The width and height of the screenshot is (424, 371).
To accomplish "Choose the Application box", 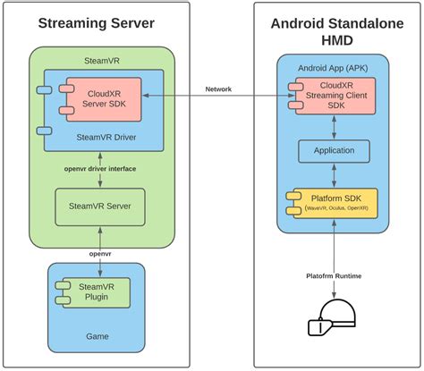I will tap(333, 151).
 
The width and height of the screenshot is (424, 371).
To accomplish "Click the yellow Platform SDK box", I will tap(333, 202).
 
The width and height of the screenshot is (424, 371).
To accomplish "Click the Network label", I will tap(218, 89).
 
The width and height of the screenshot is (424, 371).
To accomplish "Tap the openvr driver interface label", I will tap(100, 168).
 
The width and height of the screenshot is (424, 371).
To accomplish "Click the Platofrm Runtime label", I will tap(332, 275).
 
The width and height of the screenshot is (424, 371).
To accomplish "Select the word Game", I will tap(96, 336).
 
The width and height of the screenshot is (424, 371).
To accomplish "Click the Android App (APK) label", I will tap(331, 67).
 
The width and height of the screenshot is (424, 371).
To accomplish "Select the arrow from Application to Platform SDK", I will tap(333, 175).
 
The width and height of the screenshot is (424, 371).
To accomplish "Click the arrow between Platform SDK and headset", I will tap(333, 255).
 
